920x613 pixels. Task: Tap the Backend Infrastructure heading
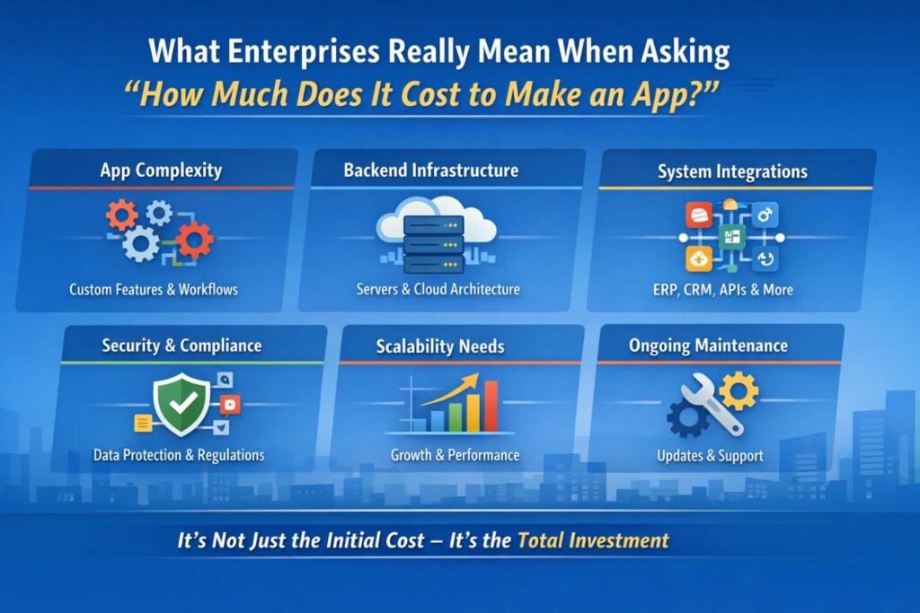pyautogui.click(x=431, y=170)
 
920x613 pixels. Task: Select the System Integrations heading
pyautogui.click(x=732, y=171)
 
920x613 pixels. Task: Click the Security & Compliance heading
pyautogui.click(x=182, y=346)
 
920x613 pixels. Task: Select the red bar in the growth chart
pyautogui.click(x=491, y=406)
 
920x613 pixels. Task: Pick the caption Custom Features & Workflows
pyautogui.click(x=154, y=290)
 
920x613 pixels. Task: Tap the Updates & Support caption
pyautogui.click(x=710, y=456)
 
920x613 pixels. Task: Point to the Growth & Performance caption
pyautogui.click(x=455, y=455)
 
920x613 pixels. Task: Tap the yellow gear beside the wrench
pyautogui.click(x=739, y=390)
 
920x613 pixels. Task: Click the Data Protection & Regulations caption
pyautogui.click(x=179, y=455)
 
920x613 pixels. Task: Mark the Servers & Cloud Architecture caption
pyautogui.click(x=438, y=289)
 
